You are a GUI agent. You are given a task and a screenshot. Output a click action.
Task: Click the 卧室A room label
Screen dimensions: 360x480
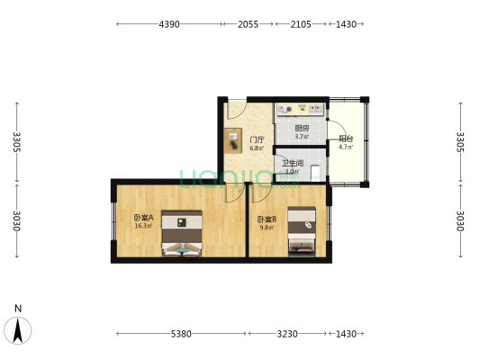[x=143, y=217]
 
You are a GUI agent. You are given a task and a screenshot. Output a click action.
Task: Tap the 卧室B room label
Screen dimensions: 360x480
[x=267, y=220]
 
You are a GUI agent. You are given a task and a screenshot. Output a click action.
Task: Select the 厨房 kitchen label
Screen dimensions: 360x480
[x=302, y=129]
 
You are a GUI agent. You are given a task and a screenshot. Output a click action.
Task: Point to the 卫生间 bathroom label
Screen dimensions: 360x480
[x=294, y=163]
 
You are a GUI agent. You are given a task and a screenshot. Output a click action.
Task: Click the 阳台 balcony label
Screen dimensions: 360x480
[x=345, y=139]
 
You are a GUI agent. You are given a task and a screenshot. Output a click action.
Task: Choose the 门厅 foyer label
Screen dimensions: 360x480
[x=257, y=139]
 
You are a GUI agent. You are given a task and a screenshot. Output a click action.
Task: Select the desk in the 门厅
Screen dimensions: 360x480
[x=232, y=141]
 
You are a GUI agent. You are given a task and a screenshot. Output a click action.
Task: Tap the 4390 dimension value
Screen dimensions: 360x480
[x=169, y=24]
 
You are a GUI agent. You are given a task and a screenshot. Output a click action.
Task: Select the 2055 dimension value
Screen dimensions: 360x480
[x=247, y=24]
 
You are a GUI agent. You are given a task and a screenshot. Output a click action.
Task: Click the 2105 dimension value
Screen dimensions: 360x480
[x=301, y=24]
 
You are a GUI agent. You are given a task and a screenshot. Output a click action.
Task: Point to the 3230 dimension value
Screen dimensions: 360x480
[x=286, y=334]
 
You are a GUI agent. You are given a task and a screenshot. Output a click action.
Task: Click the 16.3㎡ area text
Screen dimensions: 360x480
[x=143, y=226]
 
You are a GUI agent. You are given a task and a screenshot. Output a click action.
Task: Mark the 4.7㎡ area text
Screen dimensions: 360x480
[x=345, y=148]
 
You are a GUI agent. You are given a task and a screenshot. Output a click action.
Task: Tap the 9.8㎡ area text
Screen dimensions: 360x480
[x=267, y=229]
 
